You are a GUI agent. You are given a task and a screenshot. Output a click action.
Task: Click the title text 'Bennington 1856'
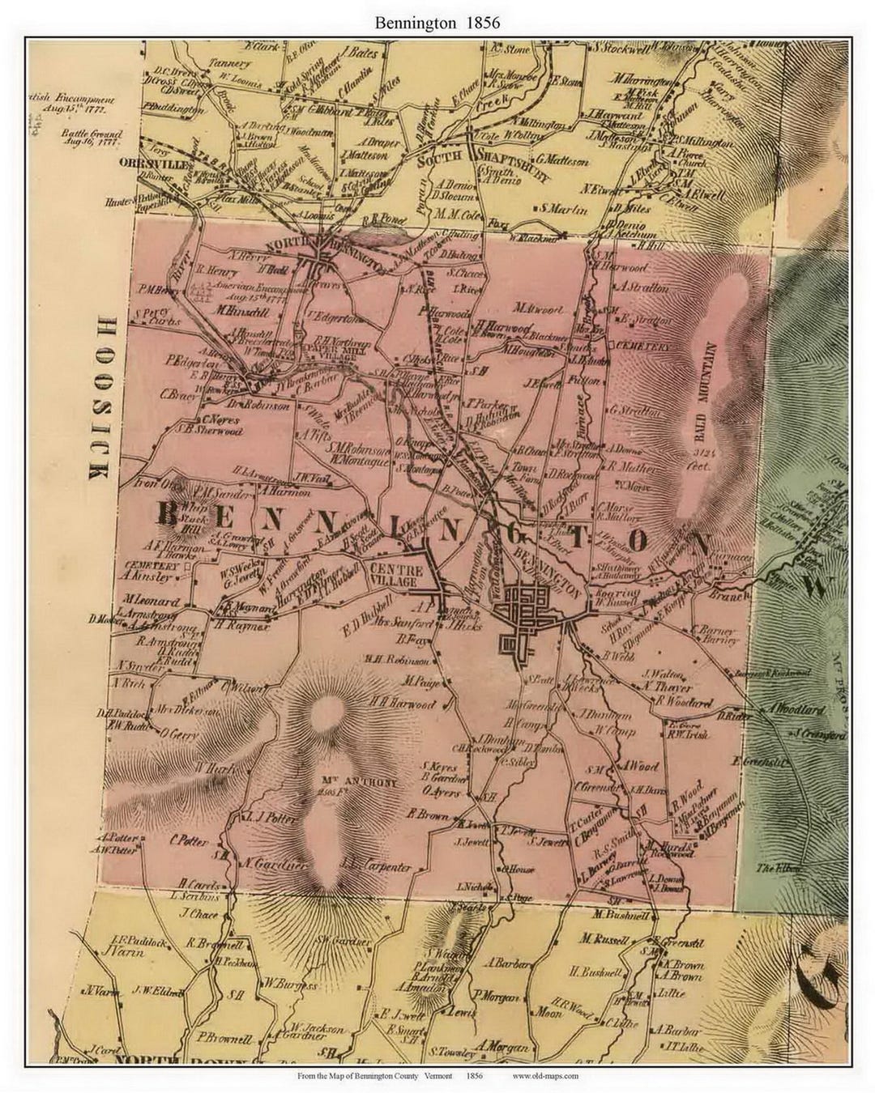tap(437, 23)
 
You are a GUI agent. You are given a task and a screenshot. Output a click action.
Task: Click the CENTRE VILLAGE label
tap(393, 576)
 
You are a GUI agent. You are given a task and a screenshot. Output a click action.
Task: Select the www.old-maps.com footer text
tap(545, 1076)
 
